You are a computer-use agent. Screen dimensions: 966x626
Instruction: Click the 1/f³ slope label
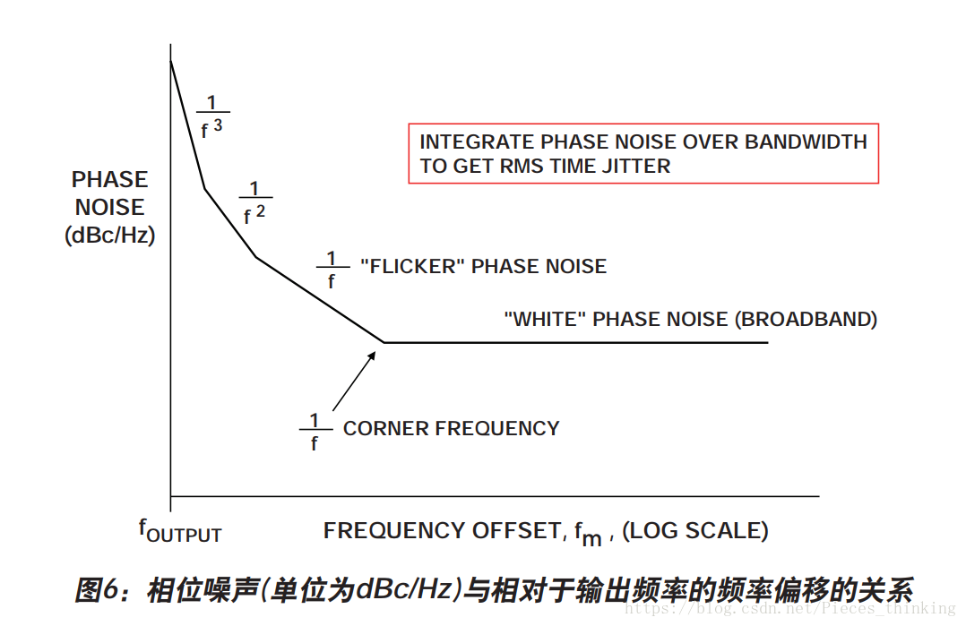coord(211,116)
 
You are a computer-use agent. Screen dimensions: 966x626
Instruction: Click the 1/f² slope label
coord(255,202)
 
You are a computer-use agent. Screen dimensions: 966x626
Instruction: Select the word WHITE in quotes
coord(546,319)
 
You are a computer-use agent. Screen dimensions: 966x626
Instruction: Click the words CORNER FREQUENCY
coord(451,428)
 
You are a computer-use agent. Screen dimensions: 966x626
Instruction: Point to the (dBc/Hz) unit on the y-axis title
coord(110,236)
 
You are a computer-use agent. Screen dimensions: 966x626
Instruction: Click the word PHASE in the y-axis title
coord(109,179)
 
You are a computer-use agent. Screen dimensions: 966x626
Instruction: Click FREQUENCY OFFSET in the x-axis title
coord(442,530)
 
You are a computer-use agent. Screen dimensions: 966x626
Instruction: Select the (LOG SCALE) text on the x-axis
coord(695,530)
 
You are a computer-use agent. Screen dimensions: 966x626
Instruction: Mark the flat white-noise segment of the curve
coord(574,342)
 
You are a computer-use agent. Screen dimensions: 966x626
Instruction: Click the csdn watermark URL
coord(789,609)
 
